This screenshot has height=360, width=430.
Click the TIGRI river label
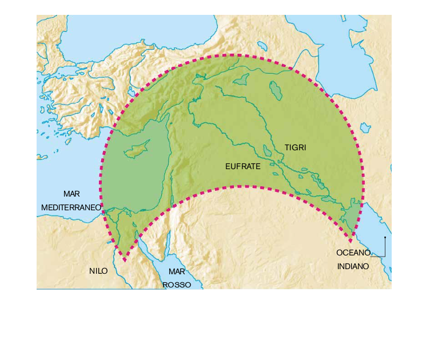tap(296, 147)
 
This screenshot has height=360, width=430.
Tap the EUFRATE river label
tap(242, 167)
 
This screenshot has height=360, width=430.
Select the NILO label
tap(98, 271)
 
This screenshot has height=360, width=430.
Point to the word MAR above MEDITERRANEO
tap(71, 194)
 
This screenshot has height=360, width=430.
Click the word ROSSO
tap(177, 284)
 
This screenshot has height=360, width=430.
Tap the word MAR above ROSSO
tap(177, 271)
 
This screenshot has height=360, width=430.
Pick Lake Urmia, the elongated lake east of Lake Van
tap(276, 90)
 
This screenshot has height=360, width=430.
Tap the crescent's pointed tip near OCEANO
tap(351, 236)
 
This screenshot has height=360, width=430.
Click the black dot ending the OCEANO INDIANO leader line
tap(385, 237)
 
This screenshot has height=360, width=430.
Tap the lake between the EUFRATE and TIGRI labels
tap(267, 151)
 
